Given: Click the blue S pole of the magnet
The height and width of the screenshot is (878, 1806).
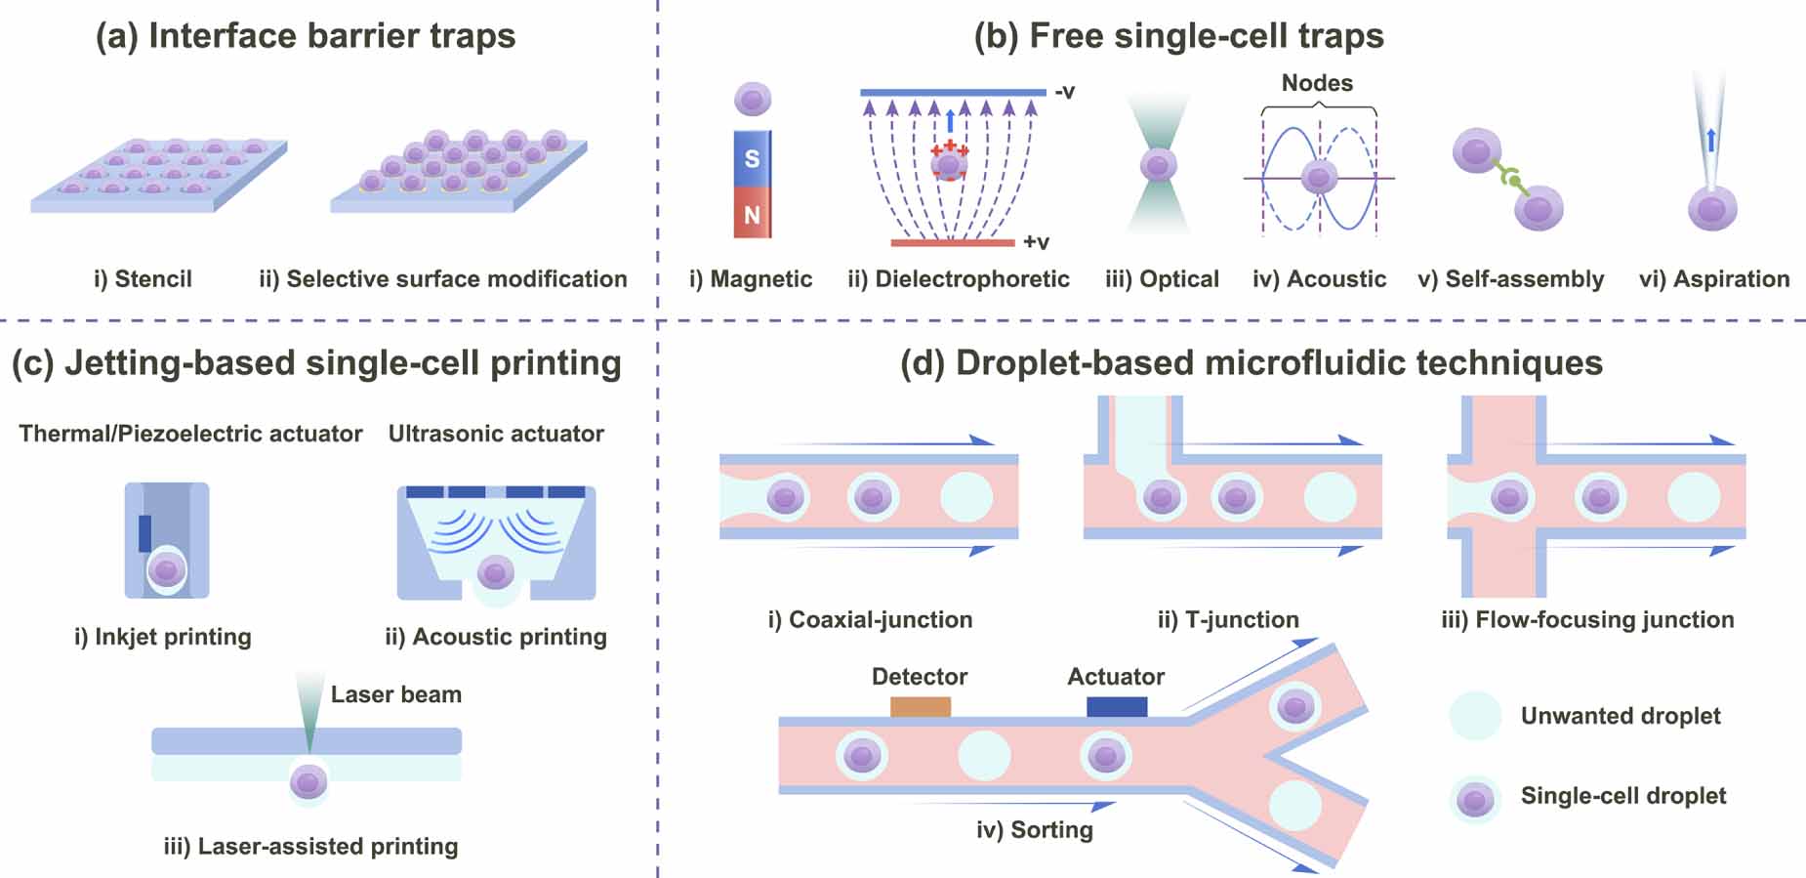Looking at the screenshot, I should point(752,158).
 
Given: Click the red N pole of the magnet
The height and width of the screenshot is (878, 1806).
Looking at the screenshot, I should point(752,214).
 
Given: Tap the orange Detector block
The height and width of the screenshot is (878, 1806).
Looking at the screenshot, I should point(920,706).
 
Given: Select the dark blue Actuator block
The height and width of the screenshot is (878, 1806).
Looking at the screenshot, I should point(1117,706).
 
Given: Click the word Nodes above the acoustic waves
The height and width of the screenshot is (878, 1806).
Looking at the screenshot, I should point(1317,83).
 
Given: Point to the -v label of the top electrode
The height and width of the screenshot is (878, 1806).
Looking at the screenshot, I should point(1064,92).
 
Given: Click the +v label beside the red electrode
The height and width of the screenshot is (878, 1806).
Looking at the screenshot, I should point(1036,241).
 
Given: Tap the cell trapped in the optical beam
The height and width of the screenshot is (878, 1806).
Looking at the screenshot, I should point(1158,164).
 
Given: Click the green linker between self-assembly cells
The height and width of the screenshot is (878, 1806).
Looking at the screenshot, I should point(1510,180).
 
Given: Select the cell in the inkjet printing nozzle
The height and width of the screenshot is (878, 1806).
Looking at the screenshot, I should point(166,569).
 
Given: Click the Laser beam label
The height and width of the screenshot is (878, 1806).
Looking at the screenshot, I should point(395,694).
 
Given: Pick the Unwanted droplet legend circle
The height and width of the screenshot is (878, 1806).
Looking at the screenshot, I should point(1474,716).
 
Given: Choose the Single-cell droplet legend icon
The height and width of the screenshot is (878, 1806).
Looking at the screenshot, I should point(1474,799).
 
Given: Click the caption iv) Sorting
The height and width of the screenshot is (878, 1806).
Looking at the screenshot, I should point(1034,829).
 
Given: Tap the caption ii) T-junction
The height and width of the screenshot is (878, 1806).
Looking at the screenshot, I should point(1227,619).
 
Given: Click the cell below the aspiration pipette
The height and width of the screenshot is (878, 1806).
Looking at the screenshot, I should point(1712,208).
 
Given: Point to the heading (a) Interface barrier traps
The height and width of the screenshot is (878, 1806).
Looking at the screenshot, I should point(305,36).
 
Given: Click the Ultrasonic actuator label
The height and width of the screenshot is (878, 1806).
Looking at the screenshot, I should point(496,434).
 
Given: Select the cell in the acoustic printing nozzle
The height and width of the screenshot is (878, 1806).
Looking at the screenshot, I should point(495,571).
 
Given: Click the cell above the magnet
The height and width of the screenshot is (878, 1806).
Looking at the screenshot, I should point(752,98).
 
